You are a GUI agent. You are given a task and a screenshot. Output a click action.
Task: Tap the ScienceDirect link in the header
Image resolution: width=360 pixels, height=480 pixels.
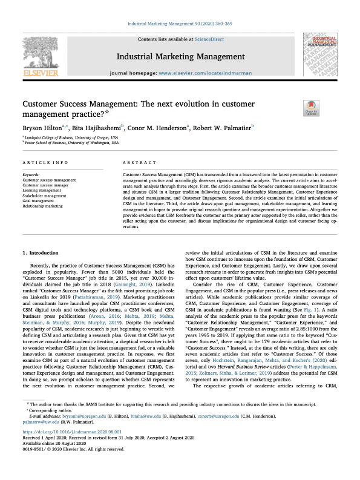(208, 39)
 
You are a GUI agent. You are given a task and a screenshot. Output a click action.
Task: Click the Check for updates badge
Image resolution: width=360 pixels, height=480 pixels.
(311, 109)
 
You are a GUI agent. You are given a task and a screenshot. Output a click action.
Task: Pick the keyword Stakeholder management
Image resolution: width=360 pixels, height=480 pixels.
(44, 196)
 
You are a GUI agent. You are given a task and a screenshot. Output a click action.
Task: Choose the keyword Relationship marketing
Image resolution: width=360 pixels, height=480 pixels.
(42, 206)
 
